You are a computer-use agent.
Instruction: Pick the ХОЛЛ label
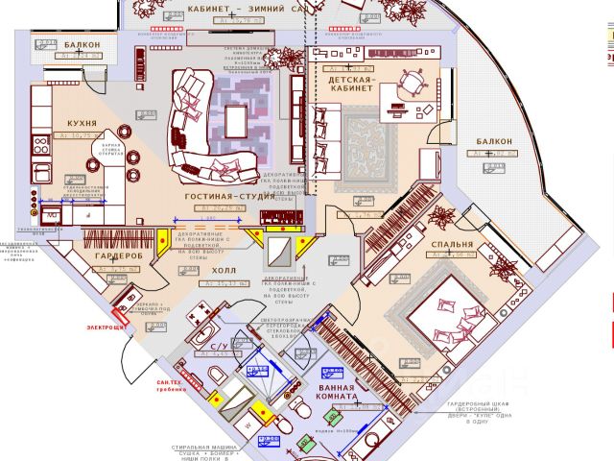[210, 271]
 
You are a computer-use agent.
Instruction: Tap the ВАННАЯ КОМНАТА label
[338, 391]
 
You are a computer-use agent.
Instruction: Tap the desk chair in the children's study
[415, 83]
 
